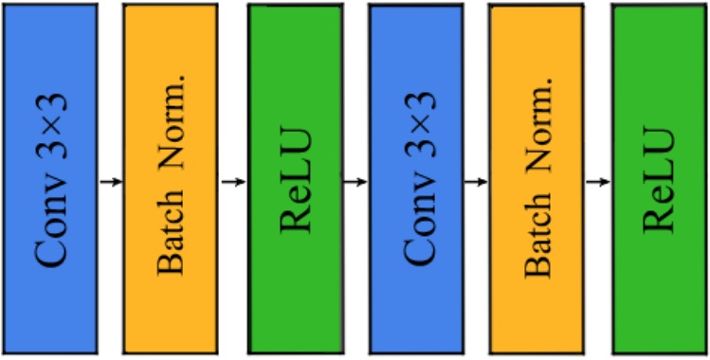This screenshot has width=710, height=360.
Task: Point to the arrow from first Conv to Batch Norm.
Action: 110,180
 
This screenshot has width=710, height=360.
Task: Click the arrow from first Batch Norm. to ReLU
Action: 232,180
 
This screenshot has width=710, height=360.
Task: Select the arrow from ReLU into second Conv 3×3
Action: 355,180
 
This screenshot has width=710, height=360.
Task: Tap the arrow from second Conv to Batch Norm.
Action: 476,180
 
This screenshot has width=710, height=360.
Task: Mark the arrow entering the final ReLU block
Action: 597,180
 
